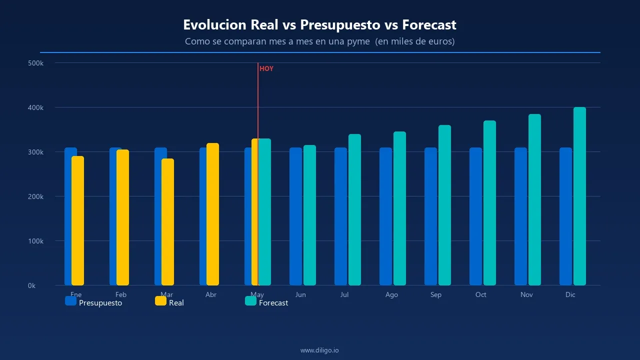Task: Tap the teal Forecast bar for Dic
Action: point(579,196)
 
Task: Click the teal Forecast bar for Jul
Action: point(354,209)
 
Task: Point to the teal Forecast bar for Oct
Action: point(489,202)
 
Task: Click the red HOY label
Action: point(266,69)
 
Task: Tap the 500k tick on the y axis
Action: point(35,63)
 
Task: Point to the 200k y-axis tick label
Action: point(35,196)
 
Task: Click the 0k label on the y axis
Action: point(31,285)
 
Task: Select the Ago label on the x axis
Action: point(391,294)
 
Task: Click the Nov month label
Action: point(526,294)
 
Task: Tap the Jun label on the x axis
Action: point(300,294)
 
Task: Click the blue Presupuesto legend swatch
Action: point(70,301)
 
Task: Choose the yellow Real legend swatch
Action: point(160,301)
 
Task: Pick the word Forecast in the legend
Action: point(273,303)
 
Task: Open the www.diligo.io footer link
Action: point(319,350)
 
